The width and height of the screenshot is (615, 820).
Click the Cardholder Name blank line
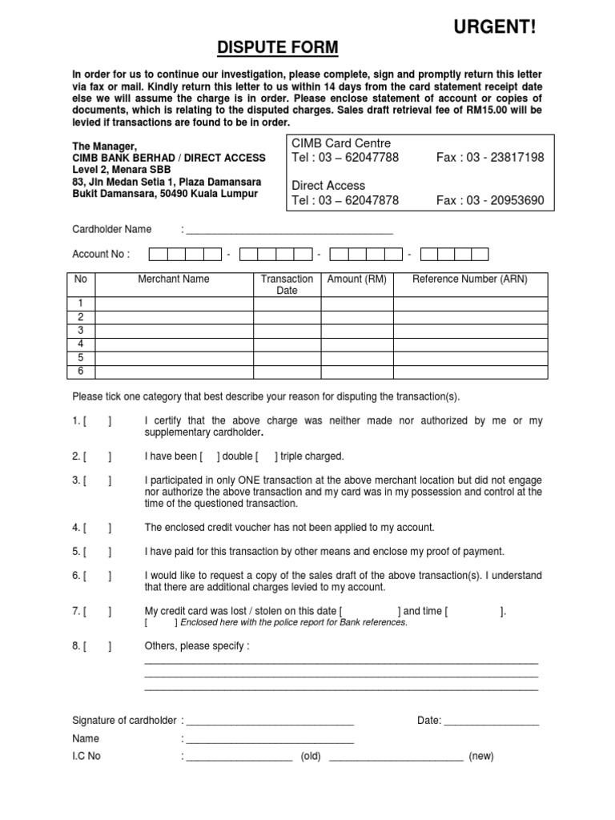289,230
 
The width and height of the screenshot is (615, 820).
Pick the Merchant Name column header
174,279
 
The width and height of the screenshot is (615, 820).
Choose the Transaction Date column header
287,284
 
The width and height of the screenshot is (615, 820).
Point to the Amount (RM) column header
357,279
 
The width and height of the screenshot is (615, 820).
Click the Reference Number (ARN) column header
470,279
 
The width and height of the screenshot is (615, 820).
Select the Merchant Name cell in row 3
174,330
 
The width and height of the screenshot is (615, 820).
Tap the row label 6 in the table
80,372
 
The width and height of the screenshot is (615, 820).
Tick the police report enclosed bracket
160,622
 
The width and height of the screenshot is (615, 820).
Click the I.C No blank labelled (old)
239,757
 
